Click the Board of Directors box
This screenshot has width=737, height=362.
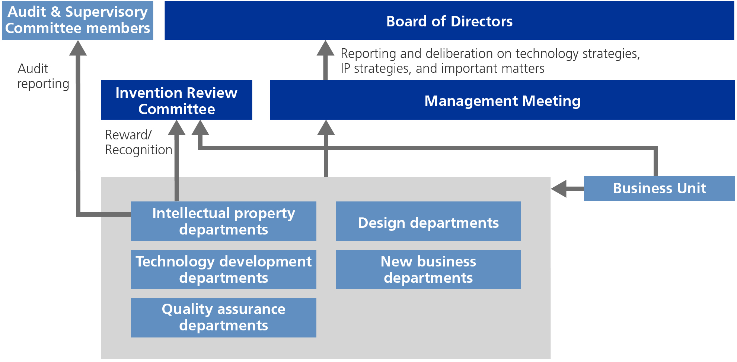(x=449, y=20)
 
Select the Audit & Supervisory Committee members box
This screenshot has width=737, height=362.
(x=77, y=20)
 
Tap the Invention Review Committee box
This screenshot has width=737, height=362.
(x=176, y=100)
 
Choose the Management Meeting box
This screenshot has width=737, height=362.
(x=502, y=100)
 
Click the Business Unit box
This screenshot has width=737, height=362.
(x=659, y=188)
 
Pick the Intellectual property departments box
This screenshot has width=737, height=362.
(x=223, y=221)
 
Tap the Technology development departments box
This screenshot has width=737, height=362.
(x=223, y=269)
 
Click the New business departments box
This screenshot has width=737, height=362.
(x=428, y=269)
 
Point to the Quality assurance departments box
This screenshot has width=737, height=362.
(x=223, y=318)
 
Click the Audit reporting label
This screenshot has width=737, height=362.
(x=43, y=76)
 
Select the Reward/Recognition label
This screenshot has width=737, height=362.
(x=138, y=142)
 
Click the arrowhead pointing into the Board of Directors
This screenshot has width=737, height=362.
(x=325, y=49)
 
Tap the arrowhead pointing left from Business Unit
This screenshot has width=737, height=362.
(x=559, y=189)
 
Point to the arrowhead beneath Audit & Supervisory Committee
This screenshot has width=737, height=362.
(x=78, y=49)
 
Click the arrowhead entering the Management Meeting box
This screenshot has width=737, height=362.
(x=326, y=128)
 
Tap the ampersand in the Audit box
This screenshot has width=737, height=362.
(x=56, y=12)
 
